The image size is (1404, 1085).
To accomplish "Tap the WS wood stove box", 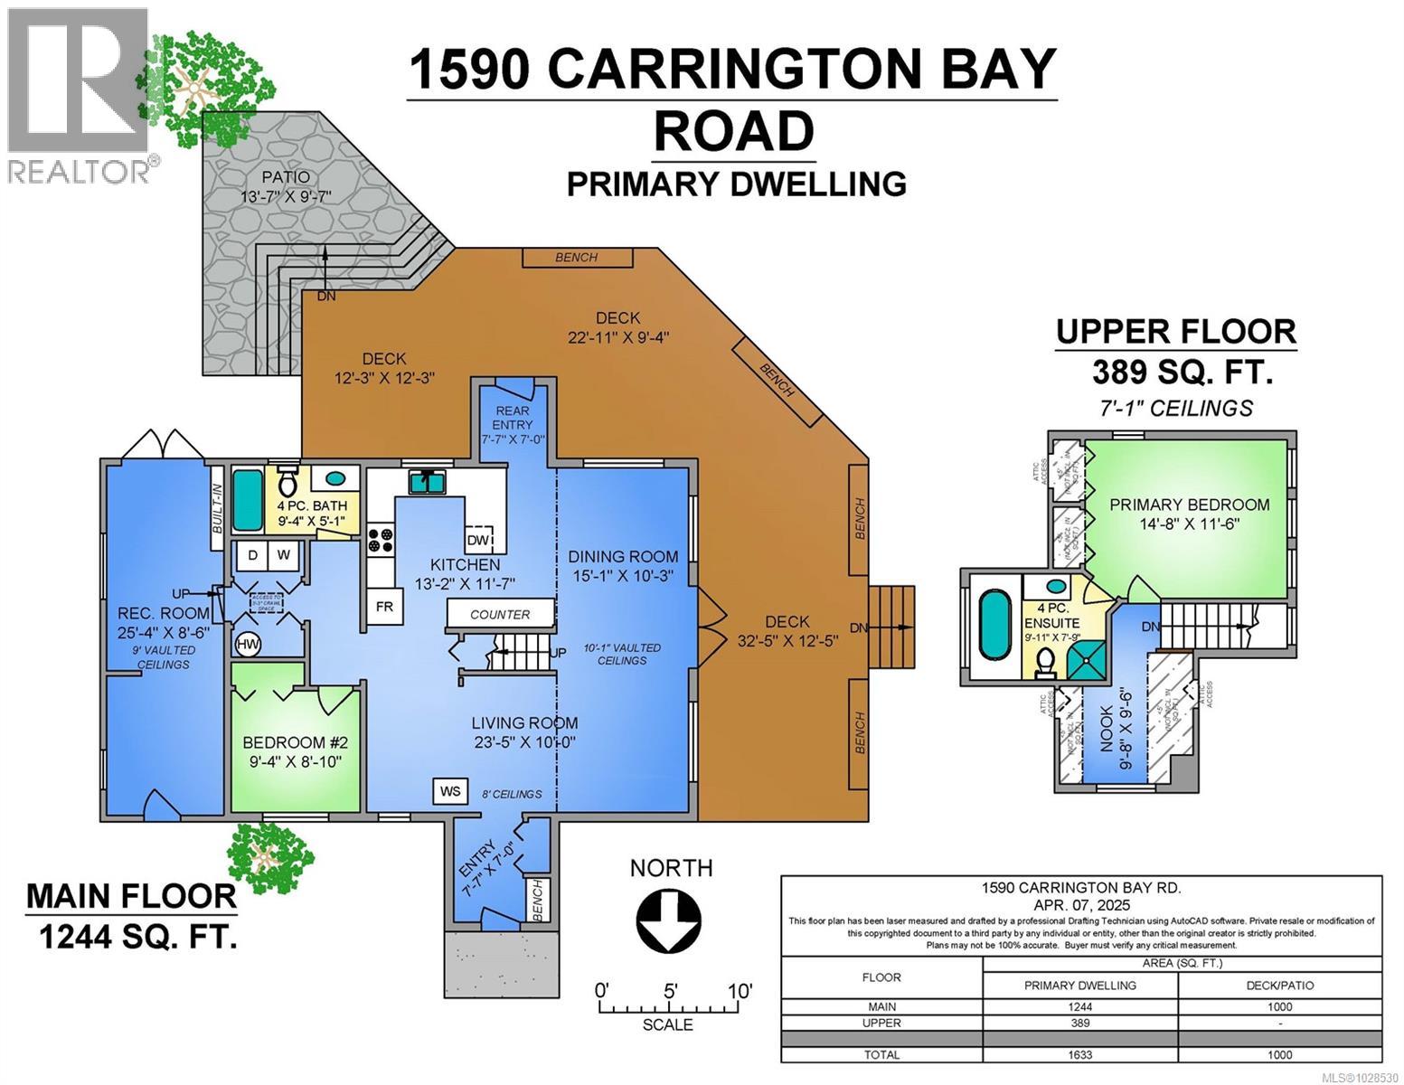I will (450, 791).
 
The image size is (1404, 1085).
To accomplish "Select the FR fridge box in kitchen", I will (384, 607).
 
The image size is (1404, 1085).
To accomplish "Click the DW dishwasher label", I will (479, 540).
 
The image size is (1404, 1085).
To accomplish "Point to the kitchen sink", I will (427, 482).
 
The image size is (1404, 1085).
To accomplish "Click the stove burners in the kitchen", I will (380, 540).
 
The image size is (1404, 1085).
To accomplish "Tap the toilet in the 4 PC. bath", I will (288, 482).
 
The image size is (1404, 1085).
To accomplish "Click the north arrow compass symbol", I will (669, 921).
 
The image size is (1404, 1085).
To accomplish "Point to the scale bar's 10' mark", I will (738, 990).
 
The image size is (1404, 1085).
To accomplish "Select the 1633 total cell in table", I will (1079, 1054).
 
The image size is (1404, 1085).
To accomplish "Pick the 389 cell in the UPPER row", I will (1079, 1023).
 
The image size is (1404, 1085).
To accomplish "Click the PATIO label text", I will (286, 177).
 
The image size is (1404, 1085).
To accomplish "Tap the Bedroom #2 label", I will (296, 742).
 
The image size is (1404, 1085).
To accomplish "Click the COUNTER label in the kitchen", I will (500, 614).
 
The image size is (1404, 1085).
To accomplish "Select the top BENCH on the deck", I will (577, 258).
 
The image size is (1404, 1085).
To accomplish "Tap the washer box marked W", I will (283, 554).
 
